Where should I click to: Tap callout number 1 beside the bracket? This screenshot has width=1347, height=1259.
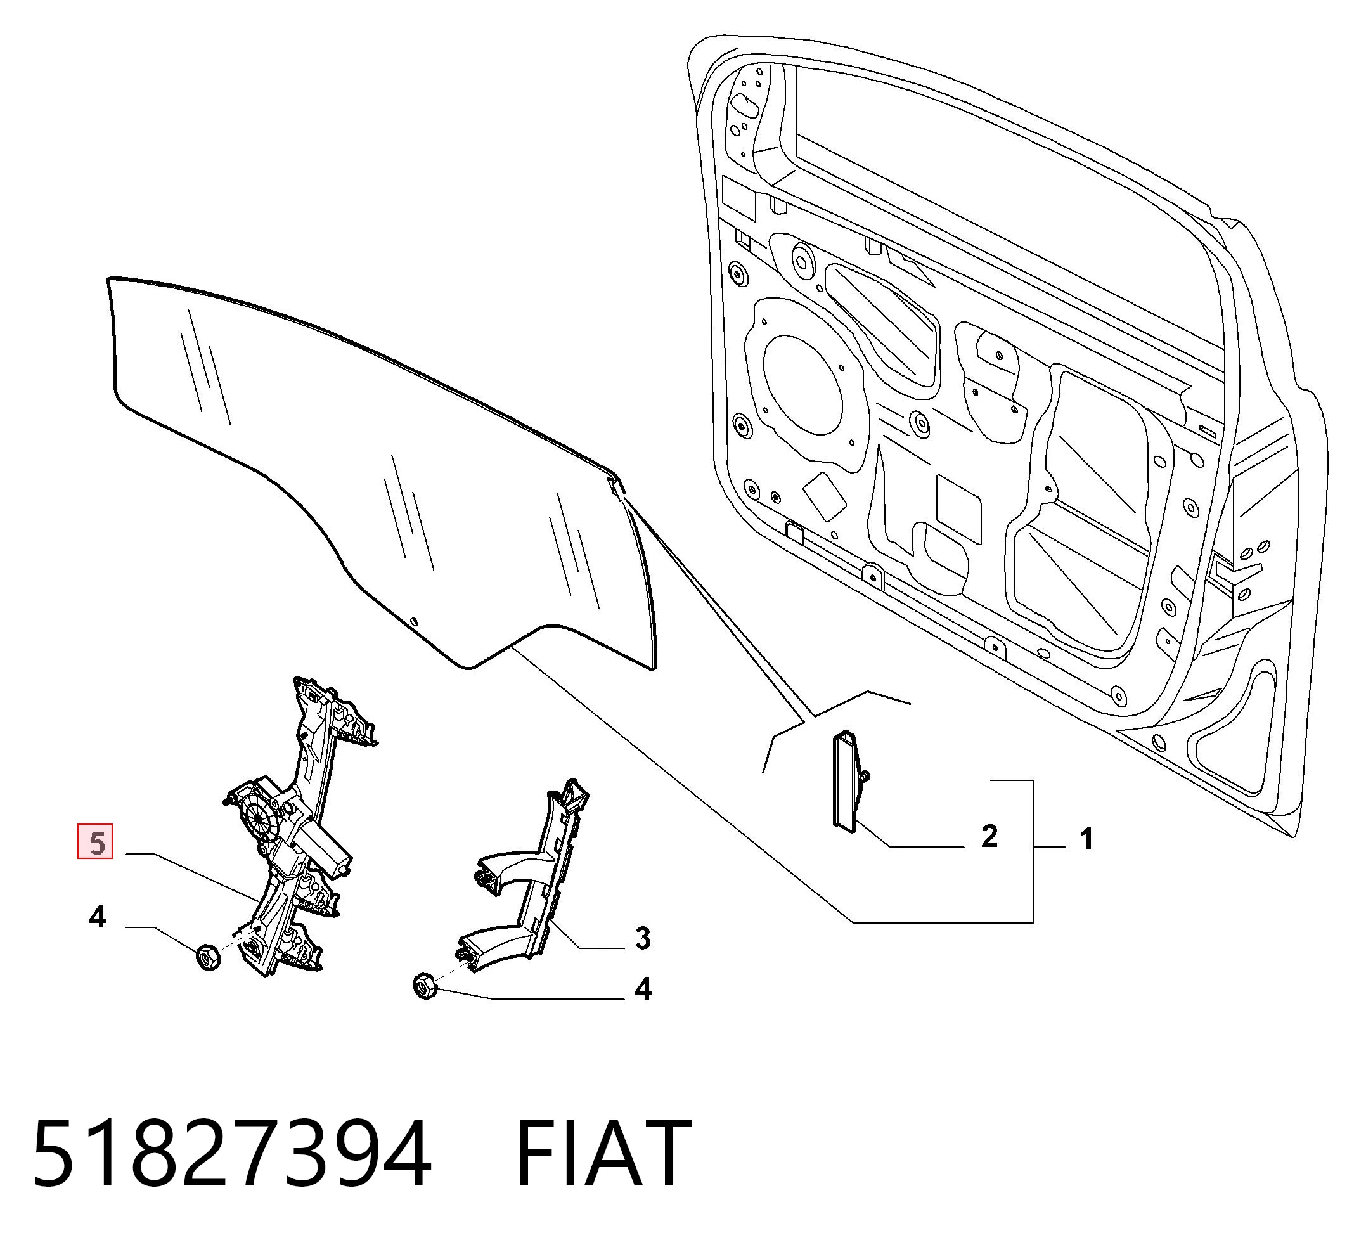pos(1086,839)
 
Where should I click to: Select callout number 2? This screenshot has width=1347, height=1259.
pos(989,836)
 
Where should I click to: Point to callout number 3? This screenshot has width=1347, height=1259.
pos(642,938)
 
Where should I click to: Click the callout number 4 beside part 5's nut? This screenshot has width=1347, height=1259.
pos(98,917)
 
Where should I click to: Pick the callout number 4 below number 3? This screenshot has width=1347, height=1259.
pos(642,990)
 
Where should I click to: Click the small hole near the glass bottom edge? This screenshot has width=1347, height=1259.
pos(415,621)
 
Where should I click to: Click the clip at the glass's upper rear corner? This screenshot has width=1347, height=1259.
pos(615,485)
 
